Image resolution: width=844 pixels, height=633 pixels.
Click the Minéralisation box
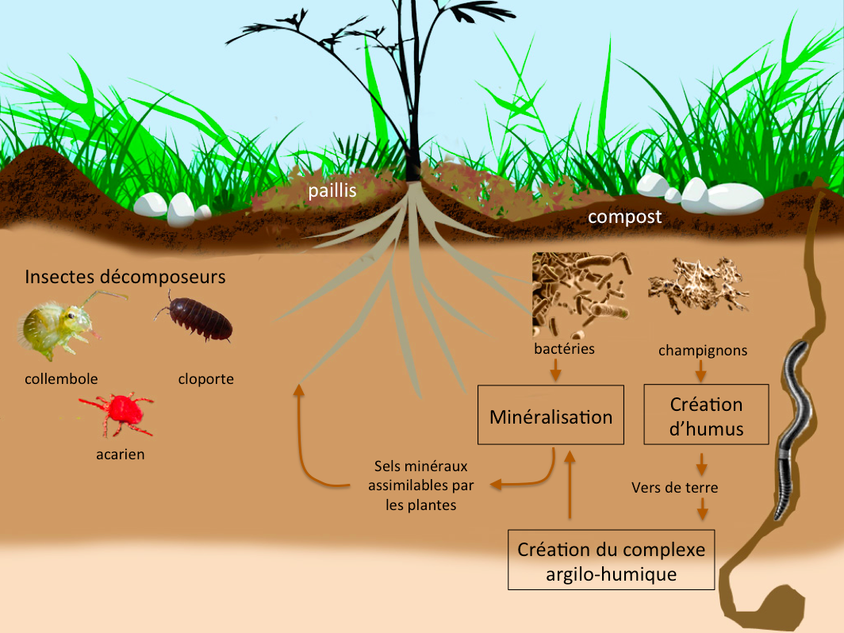coord(551,416)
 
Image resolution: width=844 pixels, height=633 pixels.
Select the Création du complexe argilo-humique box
coord(611,561)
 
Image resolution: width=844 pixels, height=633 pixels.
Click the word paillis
coord(332,190)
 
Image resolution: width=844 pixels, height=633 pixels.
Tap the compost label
coord(624,217)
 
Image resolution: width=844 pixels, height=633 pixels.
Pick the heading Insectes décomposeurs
coord(125,277)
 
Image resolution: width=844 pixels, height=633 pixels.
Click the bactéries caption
coord(565,348)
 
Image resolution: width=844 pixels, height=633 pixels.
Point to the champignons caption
coord(703,350)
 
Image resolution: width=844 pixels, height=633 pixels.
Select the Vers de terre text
coord(675,487)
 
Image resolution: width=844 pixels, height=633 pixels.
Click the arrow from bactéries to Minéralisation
coord(556,369)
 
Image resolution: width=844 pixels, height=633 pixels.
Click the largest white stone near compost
coord(733,198)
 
